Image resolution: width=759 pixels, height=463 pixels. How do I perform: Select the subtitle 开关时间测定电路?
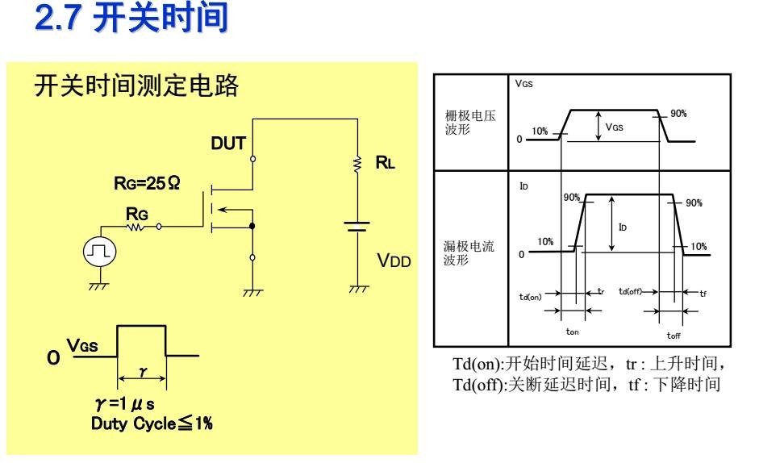(x=135, y=87)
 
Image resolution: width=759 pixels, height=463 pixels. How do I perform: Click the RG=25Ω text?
(x=147, y=184)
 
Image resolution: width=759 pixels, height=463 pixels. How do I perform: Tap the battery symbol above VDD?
(x=357, y=228)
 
